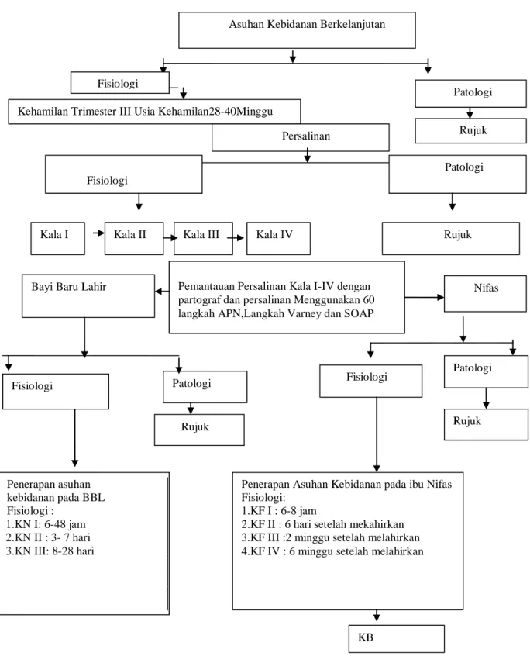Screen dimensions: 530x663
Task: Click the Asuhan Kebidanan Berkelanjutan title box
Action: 297,30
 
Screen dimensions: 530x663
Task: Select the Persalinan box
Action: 301,137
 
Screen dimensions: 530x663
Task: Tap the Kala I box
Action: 58,239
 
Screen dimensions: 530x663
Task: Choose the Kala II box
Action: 134,239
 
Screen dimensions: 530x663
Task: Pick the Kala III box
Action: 203,239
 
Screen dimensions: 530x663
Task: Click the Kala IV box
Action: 278,239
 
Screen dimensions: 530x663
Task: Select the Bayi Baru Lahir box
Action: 88,296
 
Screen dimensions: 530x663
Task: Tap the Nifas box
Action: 485,294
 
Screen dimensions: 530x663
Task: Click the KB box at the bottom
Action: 397,639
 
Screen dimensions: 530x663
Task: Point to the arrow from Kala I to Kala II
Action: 98,233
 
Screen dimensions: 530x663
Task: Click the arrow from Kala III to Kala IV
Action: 236,237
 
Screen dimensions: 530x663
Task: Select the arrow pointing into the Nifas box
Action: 425,297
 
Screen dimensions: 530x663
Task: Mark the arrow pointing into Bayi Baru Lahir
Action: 162,292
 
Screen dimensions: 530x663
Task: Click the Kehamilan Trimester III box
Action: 154,112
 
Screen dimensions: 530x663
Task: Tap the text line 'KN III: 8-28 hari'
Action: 50,551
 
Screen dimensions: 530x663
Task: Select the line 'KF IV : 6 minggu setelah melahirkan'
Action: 332,552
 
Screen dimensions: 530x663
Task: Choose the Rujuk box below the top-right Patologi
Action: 470,130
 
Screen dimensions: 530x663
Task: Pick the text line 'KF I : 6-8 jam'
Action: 279,511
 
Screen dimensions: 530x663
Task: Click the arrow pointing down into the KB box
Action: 376,616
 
